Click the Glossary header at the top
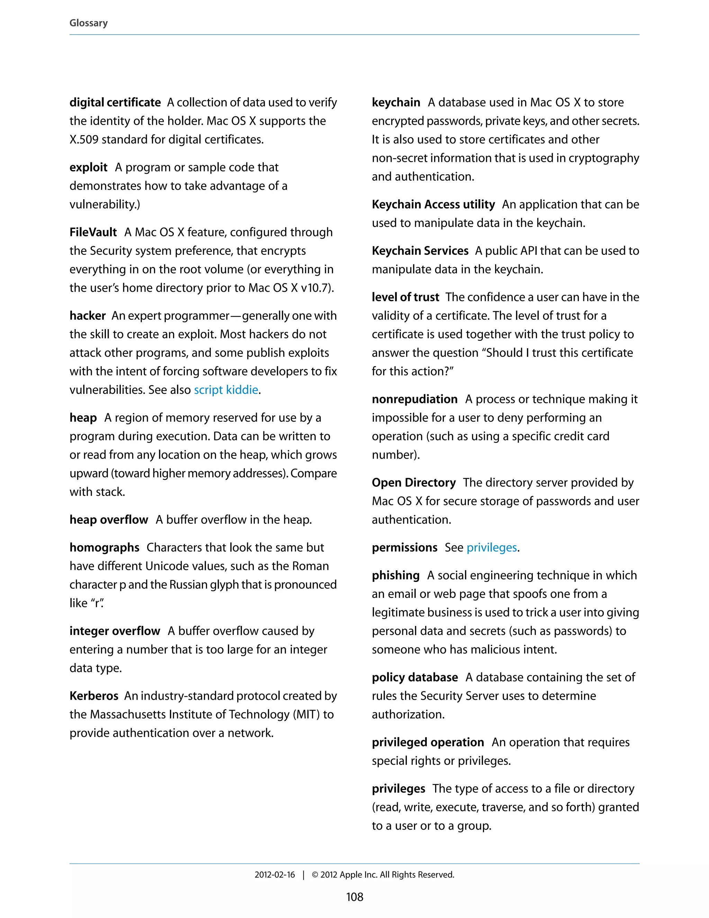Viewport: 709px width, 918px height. pos(88,23)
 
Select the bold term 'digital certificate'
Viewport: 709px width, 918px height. pos(115,103)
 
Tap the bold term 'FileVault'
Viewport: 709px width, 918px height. pos(93,232)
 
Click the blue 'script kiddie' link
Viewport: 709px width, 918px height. pos(226,390)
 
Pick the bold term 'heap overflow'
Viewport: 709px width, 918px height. pos(108,520)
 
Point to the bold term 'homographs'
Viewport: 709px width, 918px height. pos(104,548)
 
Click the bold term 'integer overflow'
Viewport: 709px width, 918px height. pos(115,631)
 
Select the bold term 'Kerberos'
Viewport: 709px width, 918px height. pos(94,696)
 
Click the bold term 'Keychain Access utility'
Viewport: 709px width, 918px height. pos(433,205)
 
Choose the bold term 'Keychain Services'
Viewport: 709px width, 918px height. pos(420,251)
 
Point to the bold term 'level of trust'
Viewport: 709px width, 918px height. pos(405,297)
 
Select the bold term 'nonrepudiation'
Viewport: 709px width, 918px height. pos(414,399)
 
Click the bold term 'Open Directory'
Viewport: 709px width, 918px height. pos(413,483)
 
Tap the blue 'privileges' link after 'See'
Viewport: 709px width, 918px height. pos(492,548)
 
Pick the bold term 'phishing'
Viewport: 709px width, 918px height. pos(395,575)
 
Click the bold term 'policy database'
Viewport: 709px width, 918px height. pos(414,678)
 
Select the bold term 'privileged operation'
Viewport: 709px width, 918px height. pos(428,742)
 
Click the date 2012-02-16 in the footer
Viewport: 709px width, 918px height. pos(275,875)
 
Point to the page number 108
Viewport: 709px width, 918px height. pos(354,897)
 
